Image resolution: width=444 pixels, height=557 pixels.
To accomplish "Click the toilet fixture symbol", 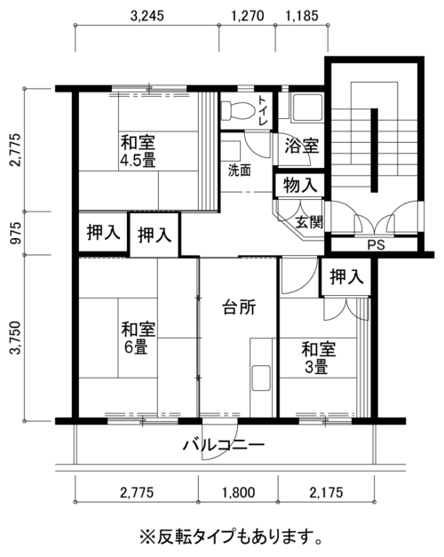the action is point(238,110).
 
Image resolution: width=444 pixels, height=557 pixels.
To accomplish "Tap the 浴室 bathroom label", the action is point(302,146).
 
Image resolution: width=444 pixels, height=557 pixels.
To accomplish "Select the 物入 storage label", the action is point(300,185).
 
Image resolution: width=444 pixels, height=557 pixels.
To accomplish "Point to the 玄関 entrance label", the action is point(309,222).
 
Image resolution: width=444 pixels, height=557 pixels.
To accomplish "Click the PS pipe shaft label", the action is point(377,245).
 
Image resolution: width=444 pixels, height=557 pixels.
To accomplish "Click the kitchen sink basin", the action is point(261,378).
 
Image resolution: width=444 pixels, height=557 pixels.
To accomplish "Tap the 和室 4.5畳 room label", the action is point(139,151).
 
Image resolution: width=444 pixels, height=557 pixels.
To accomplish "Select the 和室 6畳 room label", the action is point(139,338).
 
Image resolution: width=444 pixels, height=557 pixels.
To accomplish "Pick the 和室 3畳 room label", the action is point(318,358).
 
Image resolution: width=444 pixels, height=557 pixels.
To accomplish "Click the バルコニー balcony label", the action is point(224,444).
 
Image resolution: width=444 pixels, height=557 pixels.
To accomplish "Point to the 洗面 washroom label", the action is point(239,171).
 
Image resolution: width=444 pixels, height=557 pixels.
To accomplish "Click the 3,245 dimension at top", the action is point(147,16).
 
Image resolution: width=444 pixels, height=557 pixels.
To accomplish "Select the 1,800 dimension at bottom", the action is point(239,493).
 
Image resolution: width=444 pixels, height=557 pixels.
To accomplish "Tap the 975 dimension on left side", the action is point(15,234).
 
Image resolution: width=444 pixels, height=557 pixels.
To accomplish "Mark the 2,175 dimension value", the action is point(327,493).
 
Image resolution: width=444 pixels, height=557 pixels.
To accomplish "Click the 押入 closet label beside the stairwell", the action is point(346,277).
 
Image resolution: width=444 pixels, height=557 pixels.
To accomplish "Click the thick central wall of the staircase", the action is point(374,150).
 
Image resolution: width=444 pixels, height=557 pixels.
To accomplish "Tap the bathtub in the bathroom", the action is point(307,107).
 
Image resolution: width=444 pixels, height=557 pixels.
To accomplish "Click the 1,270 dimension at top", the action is point(248,16).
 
